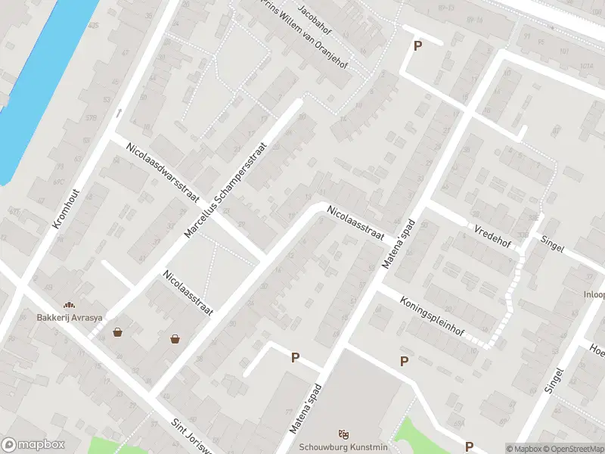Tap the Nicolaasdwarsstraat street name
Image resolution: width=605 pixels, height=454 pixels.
click(162, 172)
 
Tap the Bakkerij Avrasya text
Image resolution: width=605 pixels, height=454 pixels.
click(70, 317)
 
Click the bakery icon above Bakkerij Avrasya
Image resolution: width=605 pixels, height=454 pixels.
click(70, 305)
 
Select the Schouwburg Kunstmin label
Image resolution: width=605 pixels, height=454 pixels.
click(343, 446)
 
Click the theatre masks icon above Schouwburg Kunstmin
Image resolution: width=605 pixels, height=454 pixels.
click(343, 433)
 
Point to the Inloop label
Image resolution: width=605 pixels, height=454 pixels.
click(594, 294)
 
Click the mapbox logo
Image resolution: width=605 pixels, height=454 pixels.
click(33, 445)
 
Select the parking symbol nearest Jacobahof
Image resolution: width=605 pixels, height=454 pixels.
click(417, 46)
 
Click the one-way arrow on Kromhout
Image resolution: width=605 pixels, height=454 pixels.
click(119, 113)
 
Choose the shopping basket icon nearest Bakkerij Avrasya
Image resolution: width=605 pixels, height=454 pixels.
click(118, 331)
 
